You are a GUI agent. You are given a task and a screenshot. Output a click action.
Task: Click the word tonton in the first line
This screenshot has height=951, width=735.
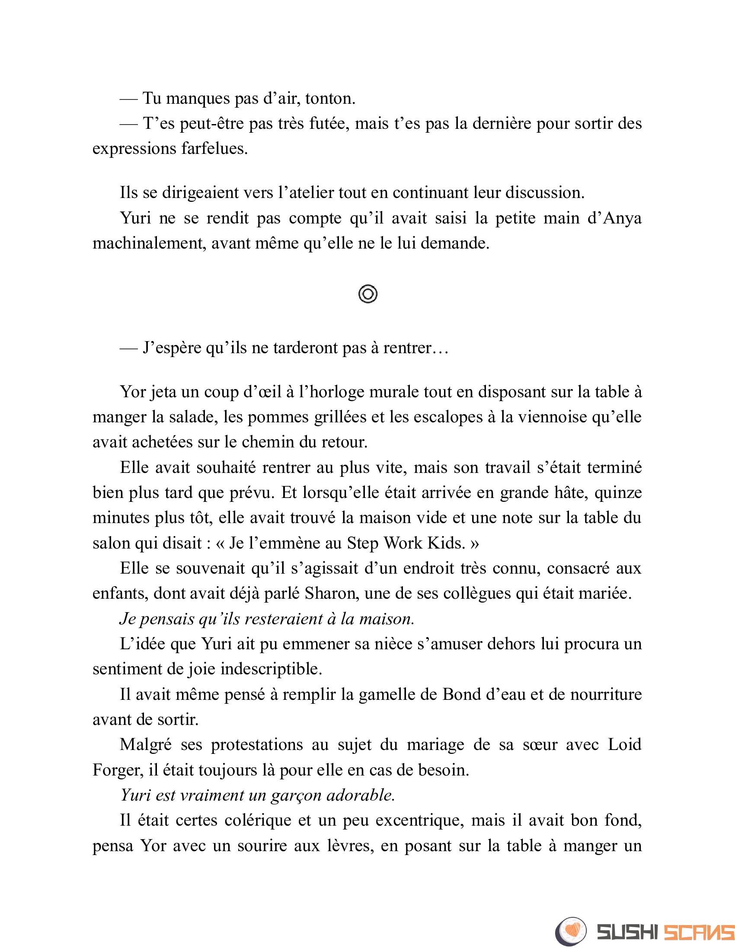[x=329, y=99]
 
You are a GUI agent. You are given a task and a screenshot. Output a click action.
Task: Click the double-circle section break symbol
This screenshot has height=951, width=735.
[x=368, y=294]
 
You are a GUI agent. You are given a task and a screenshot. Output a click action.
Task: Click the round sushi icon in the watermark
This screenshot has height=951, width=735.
[x=571, y=932]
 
